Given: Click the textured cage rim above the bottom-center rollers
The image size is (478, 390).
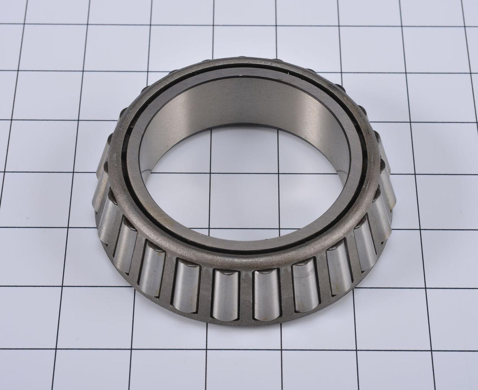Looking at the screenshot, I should [x=244, y=260].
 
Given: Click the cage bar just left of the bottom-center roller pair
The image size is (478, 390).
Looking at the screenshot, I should [x=205, y=290].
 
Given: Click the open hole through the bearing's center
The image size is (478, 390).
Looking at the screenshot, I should [x=220, y=181].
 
